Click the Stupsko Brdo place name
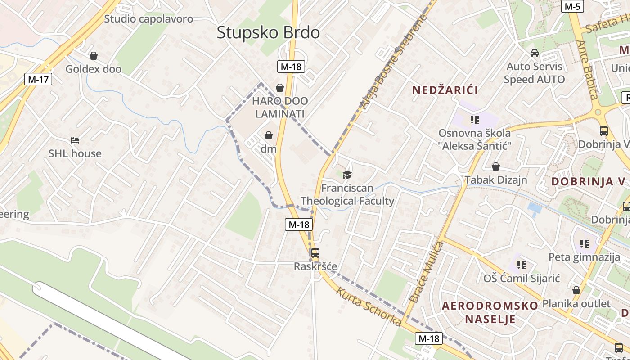[268, 32]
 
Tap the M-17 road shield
[38, 80]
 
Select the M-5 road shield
[573, 6]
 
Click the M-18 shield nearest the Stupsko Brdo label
[291, 67]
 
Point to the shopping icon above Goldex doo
[94, 56]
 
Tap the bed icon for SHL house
[75, 140]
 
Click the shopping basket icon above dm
[269, 135]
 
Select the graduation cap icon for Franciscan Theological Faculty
[347, 175]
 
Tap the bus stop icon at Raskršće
[315, 253]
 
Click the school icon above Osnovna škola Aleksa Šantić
[474, 120]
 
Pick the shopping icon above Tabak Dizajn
[495, 166]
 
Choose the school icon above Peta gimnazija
[584, 244]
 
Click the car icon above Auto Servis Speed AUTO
[535, 53]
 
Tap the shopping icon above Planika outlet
[576, 290]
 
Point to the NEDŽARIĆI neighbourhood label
[445, 90]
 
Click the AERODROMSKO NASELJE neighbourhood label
[490, 312]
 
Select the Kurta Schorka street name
[369, 307]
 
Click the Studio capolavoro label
[148, 19]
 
